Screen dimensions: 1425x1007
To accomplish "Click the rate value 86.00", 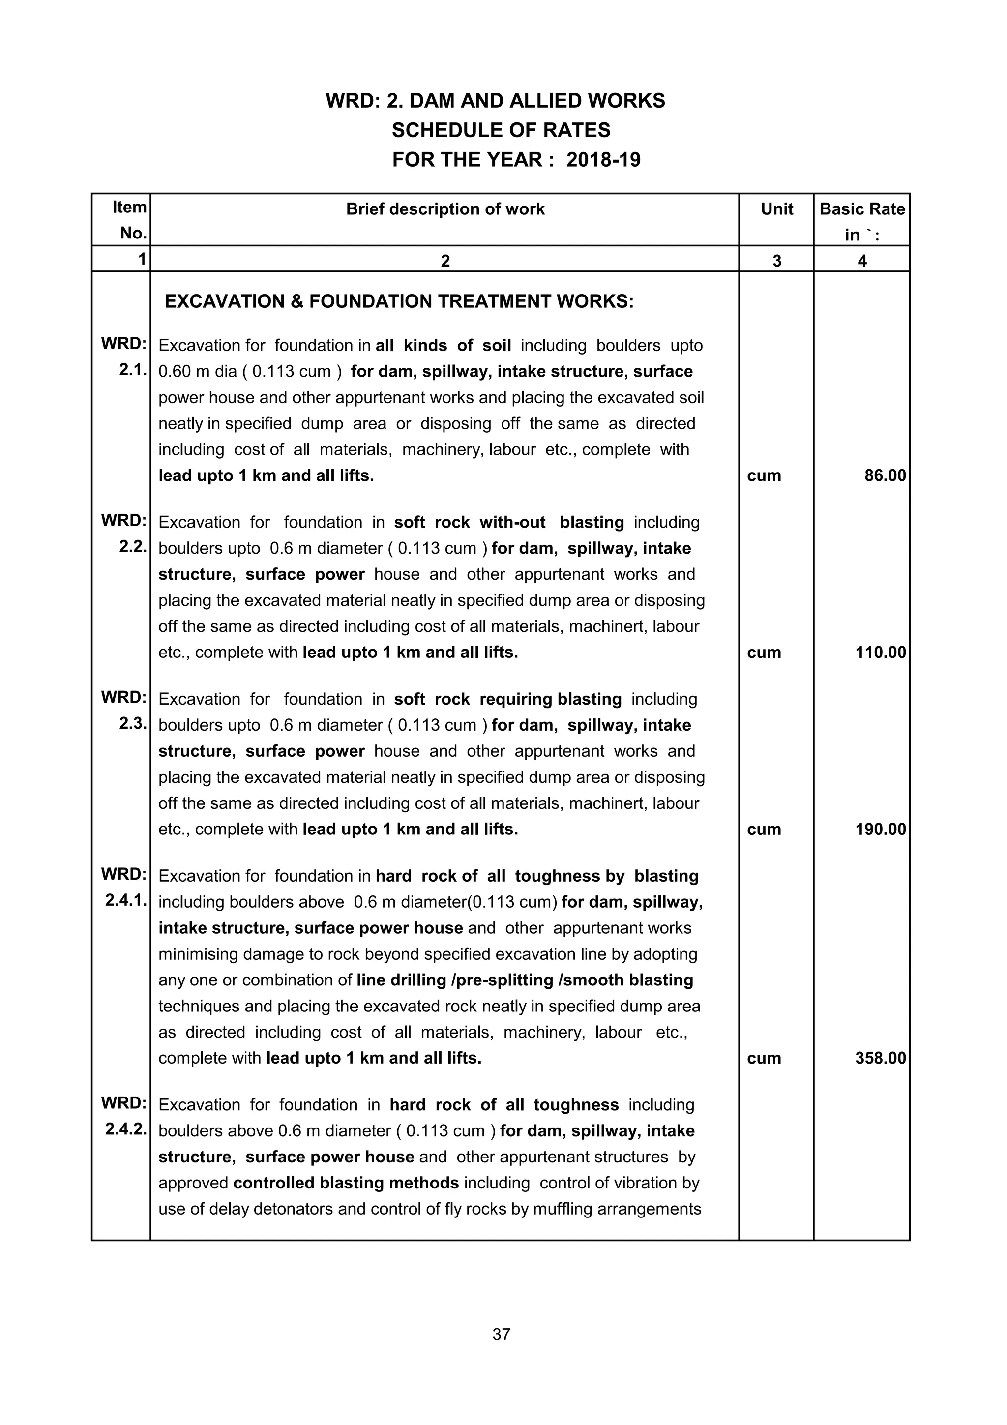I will [x=885, y=476].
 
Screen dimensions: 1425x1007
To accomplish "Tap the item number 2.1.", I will [x=132, y=371].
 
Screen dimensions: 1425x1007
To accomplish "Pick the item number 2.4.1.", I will [x=126, y=901].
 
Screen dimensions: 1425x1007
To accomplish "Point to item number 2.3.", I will [x=132, y=724].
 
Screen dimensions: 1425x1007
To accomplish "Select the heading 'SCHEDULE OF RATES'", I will [x=502, y=130].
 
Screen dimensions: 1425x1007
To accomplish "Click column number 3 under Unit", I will [x=777, y=261].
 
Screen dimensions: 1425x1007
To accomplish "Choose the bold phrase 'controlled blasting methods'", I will [x=346, y=1183].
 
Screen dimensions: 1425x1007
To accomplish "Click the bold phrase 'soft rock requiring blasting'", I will [x=507, y=699].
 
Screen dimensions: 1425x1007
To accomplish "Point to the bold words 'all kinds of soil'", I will [x=443, y=346].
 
